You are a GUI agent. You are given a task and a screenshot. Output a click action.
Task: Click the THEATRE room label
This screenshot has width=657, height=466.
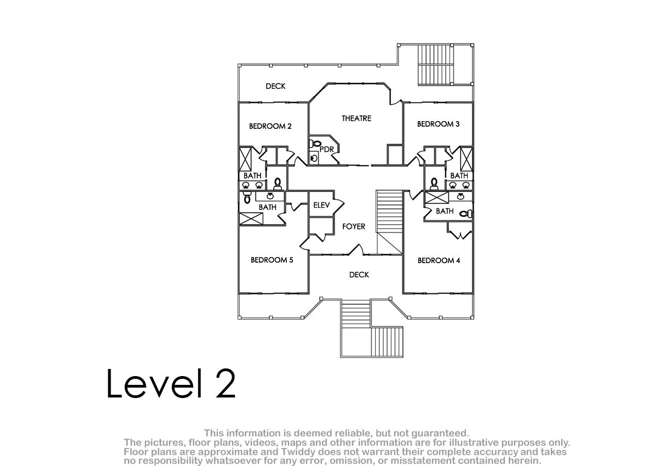coord(356,118)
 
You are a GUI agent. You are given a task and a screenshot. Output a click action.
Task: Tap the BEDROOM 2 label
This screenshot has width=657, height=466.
coord(270,126)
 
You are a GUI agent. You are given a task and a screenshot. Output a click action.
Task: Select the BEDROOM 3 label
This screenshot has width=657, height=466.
coord(438,124)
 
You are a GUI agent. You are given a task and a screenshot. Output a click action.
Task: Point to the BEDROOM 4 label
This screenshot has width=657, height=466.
coord(439,260)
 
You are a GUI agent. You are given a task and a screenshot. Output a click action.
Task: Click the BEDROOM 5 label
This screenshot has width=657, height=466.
coord(272,260)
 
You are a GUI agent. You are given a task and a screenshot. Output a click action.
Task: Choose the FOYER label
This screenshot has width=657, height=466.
coord(354,226)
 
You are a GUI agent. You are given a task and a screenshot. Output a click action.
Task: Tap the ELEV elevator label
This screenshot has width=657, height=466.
coord(321,205)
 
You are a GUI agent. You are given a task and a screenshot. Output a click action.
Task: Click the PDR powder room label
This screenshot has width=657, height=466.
coord(327,150)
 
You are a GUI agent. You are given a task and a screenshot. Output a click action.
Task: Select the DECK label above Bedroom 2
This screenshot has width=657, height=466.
coord(275,86)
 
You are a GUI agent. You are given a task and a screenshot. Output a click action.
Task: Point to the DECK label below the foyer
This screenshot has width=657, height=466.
coord(359,275)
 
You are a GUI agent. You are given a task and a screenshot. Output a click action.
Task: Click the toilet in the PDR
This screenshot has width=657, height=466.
coord(315,144)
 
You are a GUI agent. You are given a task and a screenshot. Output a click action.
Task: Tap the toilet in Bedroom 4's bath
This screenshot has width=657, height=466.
coord(466,213)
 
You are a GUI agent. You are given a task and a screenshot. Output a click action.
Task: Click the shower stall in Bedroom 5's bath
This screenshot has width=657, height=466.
coord(251,219)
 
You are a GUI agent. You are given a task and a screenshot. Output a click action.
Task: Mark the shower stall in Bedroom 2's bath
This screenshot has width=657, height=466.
coord(245,159)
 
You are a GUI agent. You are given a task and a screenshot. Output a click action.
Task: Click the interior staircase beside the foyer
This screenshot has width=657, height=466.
coord(389,222)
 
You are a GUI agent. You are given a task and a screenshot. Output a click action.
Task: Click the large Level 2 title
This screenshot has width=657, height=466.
coord(171,384)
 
